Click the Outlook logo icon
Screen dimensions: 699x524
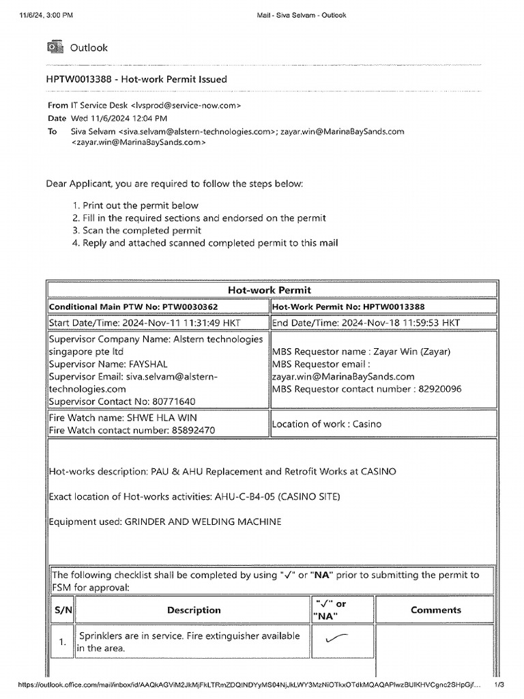click(54, 47)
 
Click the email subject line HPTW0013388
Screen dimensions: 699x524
click(136, 79)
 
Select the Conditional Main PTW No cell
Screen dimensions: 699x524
click(158, 307)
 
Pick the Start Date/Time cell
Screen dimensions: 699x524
click(158, 323)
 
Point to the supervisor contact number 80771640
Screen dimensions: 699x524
click(173, 401)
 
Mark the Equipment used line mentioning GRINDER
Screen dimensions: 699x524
click(164, 522)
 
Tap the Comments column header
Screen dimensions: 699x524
click(435, 610)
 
